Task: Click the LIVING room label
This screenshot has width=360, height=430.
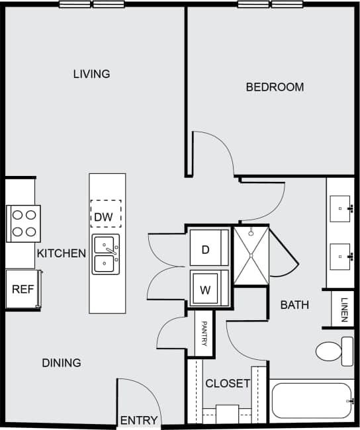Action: [x=91, y=73]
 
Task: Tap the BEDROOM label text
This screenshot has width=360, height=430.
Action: [x=275, y=87]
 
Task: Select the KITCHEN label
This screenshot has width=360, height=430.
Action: [x=61, y=253]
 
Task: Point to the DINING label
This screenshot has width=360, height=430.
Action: [x=61, y=363]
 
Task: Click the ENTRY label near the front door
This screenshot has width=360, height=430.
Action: [x=139, y=420]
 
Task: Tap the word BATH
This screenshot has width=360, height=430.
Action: [x=294, y=305]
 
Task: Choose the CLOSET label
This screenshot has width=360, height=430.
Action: [x=228, y=383]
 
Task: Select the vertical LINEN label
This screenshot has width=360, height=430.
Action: [x=344, y=310]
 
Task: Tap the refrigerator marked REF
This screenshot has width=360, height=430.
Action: [x=22, y=289]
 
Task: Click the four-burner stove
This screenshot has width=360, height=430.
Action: [x=24, y=223]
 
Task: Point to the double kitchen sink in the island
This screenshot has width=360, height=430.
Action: [x=106, y=254]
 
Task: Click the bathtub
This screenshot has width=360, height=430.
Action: [x=311, y=400]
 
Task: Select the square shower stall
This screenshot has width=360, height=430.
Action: [x=251, y=255]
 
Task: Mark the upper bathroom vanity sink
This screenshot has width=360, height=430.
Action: [x=342, y=208]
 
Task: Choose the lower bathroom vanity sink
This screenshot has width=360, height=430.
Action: [x=342, y=253]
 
